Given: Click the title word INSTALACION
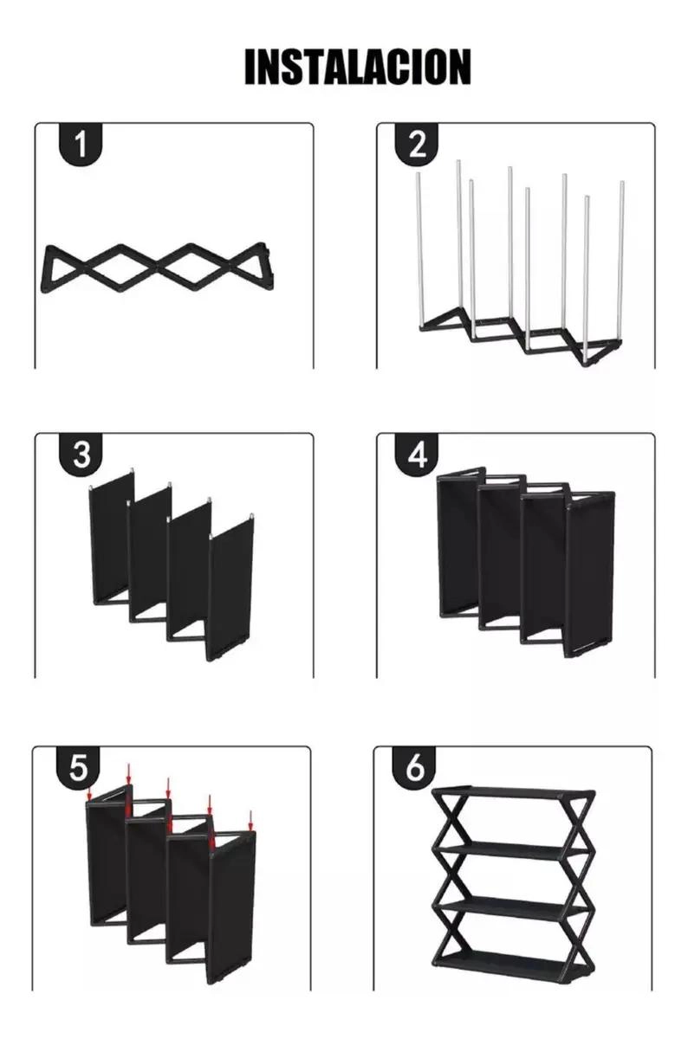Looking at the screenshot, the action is (x=358, y=67).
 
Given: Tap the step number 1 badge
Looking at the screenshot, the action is (x=81, y=145).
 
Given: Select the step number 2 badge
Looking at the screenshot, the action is (x=417, y=145).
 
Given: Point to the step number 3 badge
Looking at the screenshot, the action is (x=81, y=454).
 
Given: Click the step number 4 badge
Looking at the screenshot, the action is (x=417, y=454).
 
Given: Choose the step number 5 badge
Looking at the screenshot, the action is (x=78, y=767).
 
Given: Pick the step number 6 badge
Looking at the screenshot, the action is (x=414, y=767).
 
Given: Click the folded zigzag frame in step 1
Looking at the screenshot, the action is (x=158, y=268).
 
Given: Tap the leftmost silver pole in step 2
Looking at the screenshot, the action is (x=420, y=250).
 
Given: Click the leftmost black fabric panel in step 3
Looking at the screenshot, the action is (x=112, y=538).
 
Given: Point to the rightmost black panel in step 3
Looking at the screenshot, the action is (x=230, y=589).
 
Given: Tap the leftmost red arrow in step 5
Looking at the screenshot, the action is (x=90, y=794).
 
